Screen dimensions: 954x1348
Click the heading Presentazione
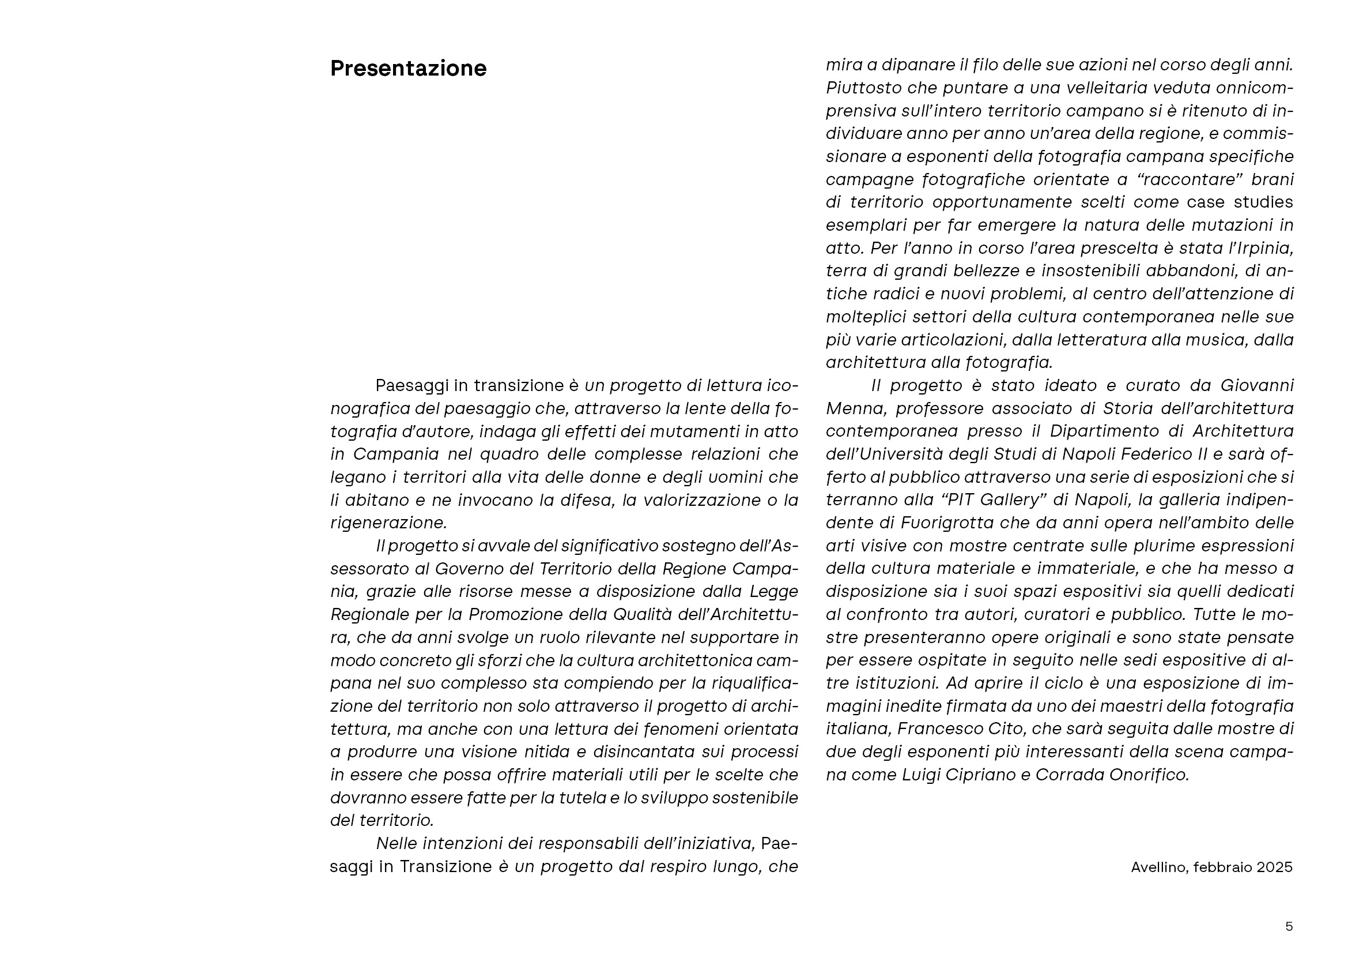pyautogui.click(x=408, y=69)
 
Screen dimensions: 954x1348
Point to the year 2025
pyautogui.click(x=1275, y=867)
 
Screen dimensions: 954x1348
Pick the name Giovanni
pyautogui.click(x=1257, y=385)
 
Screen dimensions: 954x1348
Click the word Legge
pyautogui.click(x=774, y=592)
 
